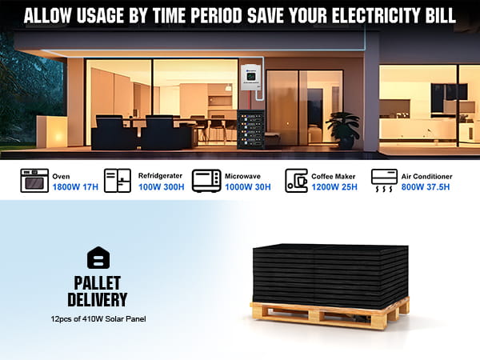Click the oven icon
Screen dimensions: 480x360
34,181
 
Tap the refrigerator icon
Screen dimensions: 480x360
118,181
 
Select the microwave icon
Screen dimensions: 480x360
206,181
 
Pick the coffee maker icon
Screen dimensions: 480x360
296,181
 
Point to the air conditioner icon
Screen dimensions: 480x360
384,180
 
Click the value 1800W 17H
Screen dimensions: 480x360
75,187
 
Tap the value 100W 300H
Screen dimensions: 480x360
162,187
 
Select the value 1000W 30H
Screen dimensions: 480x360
248,187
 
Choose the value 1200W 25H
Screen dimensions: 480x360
334,187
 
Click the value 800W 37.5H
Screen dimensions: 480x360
426,187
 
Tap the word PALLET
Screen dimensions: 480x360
98,283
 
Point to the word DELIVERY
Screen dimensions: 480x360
98,299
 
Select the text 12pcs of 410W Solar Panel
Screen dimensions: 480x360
98,319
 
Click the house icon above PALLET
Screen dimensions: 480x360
98,258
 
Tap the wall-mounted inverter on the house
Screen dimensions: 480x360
251,78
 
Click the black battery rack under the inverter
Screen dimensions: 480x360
250,130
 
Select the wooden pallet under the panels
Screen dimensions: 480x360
330,313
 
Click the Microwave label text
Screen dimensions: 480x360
242,176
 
